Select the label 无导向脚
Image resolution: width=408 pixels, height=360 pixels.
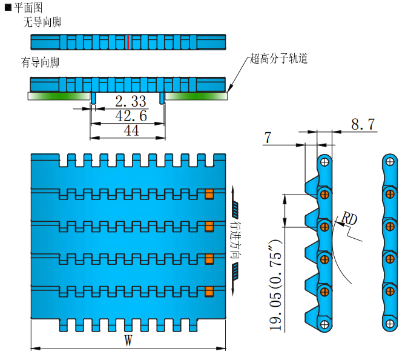(x=42, y=22)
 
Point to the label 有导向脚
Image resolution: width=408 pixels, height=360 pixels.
(x=42, y=62)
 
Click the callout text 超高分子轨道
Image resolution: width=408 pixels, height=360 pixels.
(x=279, y=59)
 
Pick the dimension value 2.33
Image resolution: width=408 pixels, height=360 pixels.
(x=130, y=101)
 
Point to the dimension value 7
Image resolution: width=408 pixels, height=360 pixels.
(x=268, y=138)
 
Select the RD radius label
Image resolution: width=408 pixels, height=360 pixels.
(x=349, y=218)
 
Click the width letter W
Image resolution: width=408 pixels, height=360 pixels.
(x=128, y=341)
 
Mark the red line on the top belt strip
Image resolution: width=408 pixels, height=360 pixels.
(x=128, y=42)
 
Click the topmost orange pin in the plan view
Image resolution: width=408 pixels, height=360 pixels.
(x=209, y=194)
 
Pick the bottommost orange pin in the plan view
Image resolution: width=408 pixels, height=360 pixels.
(x=209, y=290)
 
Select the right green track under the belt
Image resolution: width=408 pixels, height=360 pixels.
(x=196, y=95)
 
